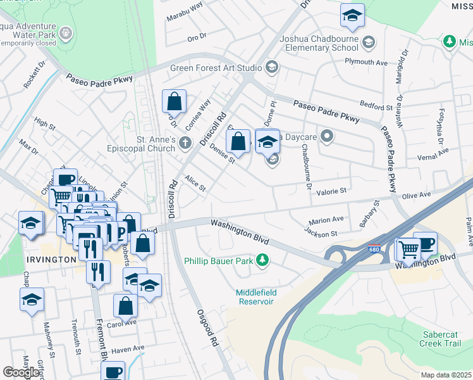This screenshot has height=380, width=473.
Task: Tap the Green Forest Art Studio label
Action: (x=216, y=68)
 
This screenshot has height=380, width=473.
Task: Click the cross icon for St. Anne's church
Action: (x=185, y=142)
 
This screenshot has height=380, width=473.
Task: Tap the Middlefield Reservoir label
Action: (x=257, y=296)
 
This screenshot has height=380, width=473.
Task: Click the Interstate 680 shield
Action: (x=374, y=250)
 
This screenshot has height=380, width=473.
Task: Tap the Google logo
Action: (x=21, y=372)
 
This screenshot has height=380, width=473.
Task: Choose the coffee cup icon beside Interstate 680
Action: (x=425, y=243)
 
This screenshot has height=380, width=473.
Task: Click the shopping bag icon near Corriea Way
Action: (x=174, y=101)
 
